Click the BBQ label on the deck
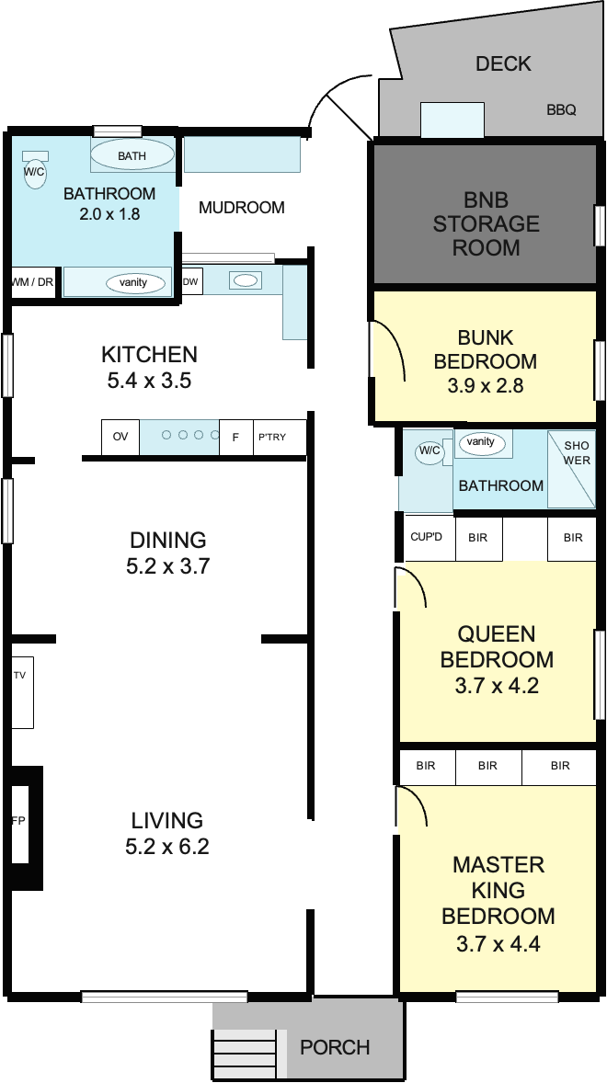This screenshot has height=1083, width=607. pyautogui.click(x=561, y=109)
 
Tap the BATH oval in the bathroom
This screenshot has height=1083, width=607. pyautogui.click(x=132, y=154)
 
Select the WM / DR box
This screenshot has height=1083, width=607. pyautogui.click(x=33, y=282)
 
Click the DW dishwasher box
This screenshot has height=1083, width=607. pyautogui.click(x=191, y=281)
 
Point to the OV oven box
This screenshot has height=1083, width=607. pyautogui.click(x=120, y=437)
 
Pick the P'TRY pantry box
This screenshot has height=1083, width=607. pyautogui.click(x=280, y=437)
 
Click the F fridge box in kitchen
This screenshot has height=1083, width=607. pyautogui.click(x=236, y=437)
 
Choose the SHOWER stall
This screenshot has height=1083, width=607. pyautogui.click(x=571, y=469)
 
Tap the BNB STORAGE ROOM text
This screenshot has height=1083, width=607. pyautogui.click(x=487, y=223)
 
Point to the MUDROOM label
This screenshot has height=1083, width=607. pyautogui.click(x=242, y=207)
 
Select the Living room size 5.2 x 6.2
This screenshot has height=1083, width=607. pyautogui.click(x=167, y=846)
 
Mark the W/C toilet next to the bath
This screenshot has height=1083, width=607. pyautogui.click(x=35, y=170)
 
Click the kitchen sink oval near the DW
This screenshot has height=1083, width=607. pyautogui.click(x=246, y=280)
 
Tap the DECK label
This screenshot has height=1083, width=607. pyautogui.click(x=503, y=64)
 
